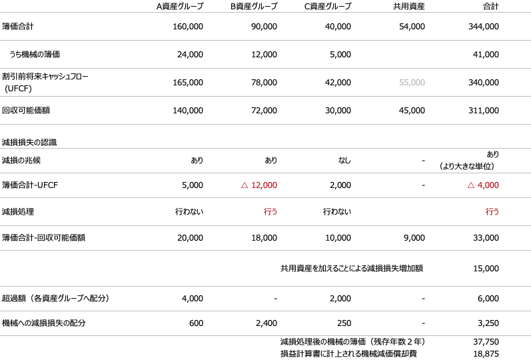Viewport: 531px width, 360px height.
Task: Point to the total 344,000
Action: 484,27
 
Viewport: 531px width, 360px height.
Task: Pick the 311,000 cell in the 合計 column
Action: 484,110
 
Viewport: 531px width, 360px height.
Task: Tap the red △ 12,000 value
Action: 259,185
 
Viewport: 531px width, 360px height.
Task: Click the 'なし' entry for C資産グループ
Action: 343,161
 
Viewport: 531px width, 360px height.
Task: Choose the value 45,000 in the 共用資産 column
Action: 412,110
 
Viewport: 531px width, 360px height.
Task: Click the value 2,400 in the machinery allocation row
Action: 266,323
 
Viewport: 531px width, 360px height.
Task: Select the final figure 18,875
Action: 486,353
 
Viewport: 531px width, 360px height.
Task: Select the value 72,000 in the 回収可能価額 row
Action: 265,110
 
